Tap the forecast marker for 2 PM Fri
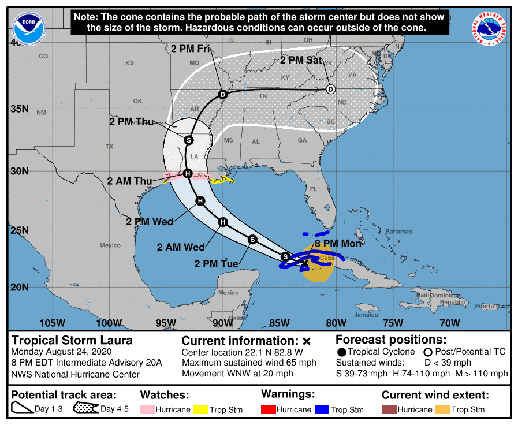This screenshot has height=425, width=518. coord(223,94)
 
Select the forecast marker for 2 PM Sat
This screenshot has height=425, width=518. coord(330,89)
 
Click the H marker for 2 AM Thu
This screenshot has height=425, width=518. coord(187,173)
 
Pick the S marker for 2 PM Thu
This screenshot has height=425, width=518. coord(189,140)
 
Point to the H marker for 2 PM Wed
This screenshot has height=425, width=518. coord(200,201)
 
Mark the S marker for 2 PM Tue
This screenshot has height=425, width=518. coord(252,239)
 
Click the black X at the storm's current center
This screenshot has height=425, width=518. coord(305,263)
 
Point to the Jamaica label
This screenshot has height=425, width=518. coord(366,315)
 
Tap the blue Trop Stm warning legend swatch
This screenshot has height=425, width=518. coord(322,409)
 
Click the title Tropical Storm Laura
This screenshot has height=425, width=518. coord(72,340)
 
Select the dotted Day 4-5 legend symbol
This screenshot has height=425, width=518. coord(86,409)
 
